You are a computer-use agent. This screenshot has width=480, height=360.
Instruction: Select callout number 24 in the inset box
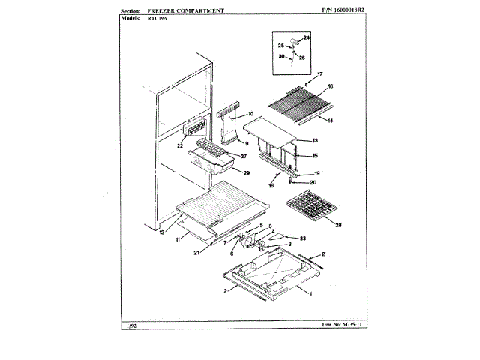tap(306, 37)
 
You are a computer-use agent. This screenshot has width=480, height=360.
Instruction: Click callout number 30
tap(281, 57)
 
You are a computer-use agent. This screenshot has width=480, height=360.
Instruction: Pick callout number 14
tap(329, 119)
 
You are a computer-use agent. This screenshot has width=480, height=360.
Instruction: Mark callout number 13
tap(316, 141)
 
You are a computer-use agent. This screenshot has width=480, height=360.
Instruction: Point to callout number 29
tap(246, 172)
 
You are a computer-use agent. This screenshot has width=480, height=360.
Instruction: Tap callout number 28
tap(338, 224)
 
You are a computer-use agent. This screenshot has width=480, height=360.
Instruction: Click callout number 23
tap(304, 238)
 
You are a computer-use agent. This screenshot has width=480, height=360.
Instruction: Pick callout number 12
tap(161, 232)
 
